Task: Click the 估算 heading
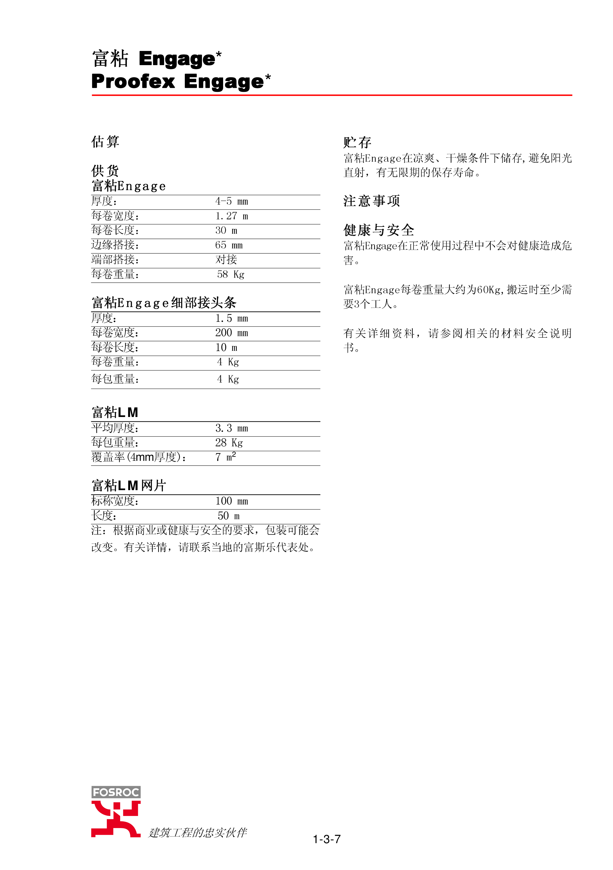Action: (x=105, y=142)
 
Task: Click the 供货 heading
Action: (x=105, y=171)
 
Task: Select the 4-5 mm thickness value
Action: (x=232, y=202)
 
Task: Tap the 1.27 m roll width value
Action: (x=232, y=216)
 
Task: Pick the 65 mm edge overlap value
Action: (x=229, y=245)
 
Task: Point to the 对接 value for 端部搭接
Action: (x=226, y=259)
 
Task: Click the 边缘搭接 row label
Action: (x=115, y=245)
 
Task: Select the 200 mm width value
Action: (x=232, y=333)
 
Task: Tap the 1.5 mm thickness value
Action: (x=232, y=319)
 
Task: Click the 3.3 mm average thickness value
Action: (x=232, y=429)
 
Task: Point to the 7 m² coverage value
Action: (x=225, y=457)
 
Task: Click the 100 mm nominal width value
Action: (x=232, y=501)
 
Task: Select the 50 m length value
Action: (x=229, y=516)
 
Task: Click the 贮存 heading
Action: (x=357, y=143)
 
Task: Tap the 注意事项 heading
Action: (x=372, y=201)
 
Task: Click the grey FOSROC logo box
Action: (x=116, y=792)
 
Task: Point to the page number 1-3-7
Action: (x=327, y=839)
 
